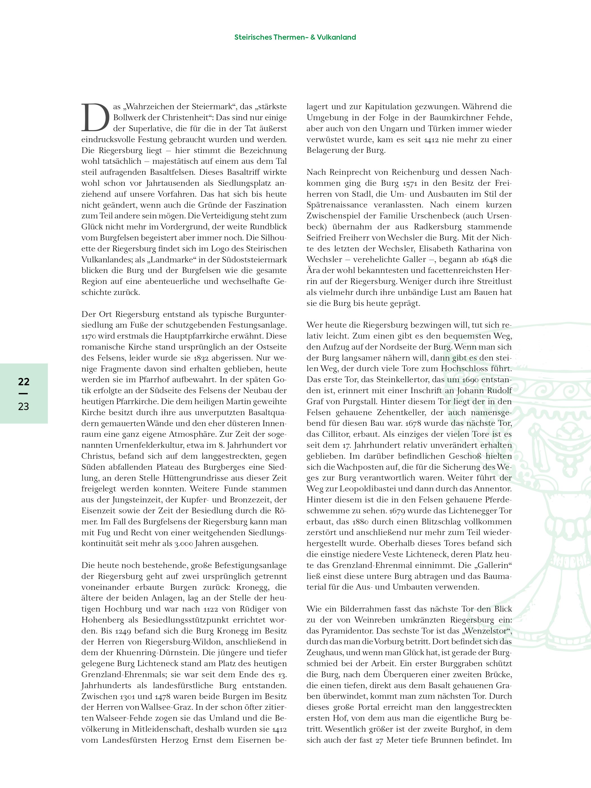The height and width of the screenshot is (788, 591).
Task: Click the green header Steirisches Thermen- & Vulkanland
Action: tap(295, 37)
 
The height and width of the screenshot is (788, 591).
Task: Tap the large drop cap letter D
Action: tap(95, 118)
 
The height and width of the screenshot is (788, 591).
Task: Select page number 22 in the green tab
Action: tap(24, 382)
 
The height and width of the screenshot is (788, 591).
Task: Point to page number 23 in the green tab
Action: tap(24, 406)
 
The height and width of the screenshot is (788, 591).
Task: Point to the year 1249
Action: tap(123, 631)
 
